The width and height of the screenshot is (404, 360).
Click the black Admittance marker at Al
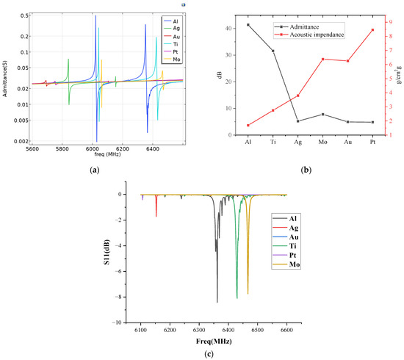[248, 25]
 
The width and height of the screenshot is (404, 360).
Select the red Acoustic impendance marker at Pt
[372, 29]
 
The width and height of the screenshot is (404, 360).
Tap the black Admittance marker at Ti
[273, 51]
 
